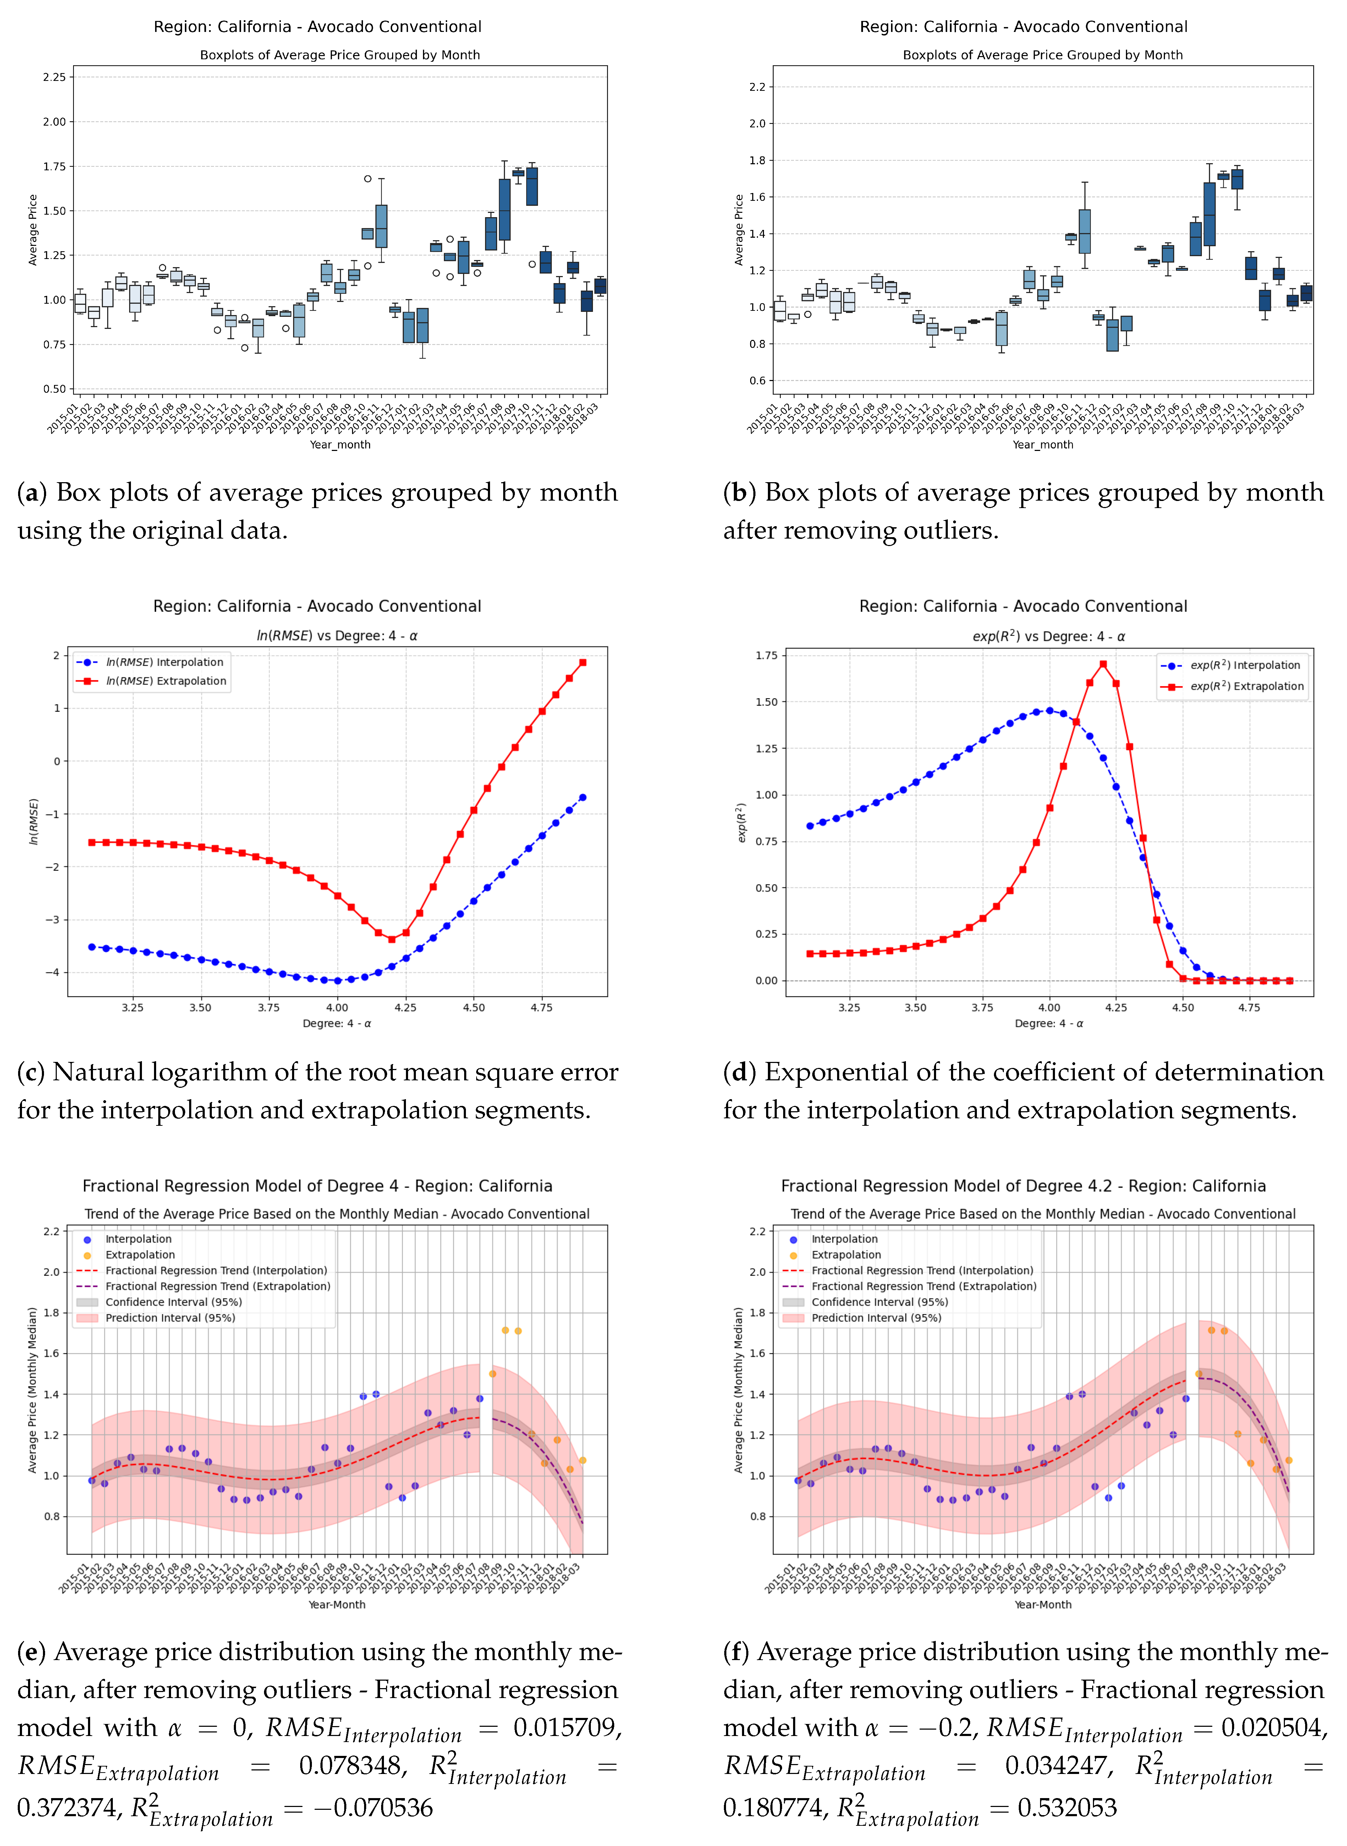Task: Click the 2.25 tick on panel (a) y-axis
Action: [x=54, y=77]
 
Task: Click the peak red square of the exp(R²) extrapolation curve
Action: [x=1103, y=664]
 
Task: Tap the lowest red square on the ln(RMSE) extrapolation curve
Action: [x=392, y=939]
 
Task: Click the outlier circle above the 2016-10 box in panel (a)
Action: [x=368, y=178]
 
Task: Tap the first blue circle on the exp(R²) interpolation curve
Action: [x=810, y=826]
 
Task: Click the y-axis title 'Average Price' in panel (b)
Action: [x=739, y=230]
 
